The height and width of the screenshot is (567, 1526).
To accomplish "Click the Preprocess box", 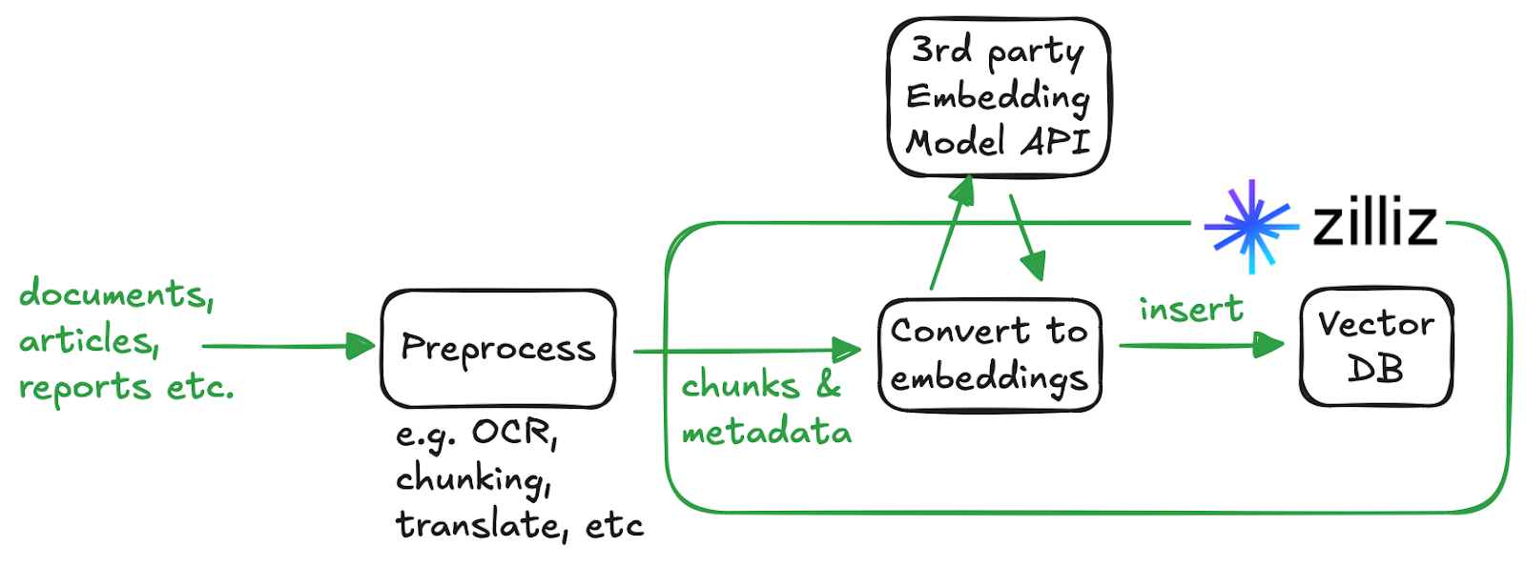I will (498, 349).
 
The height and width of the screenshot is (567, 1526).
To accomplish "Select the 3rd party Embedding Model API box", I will (999, 97).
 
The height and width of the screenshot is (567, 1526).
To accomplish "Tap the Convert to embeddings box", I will (989, 354).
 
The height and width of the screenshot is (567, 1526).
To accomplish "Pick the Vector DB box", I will (1375, 347).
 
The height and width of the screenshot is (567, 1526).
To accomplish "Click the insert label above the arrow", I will (1190, 309).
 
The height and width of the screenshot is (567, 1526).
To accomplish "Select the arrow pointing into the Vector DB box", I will (1202, 345).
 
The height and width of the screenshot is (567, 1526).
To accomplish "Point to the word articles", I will (88, 340).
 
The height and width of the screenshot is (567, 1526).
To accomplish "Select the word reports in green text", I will (84, 387).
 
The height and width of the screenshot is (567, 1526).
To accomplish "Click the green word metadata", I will (766, 433).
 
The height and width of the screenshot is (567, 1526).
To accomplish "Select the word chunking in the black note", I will (472, 478).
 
